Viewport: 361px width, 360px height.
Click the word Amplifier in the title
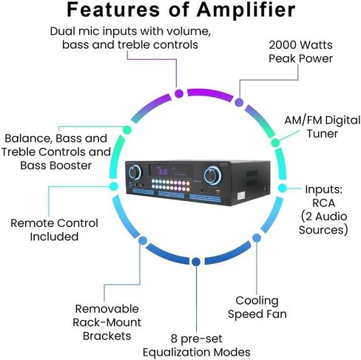(x=246, y=10)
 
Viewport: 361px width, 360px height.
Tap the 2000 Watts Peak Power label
(x=300, y=52)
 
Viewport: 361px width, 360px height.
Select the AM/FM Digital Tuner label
(x=323, y=127)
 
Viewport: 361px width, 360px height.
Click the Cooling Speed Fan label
(x=257, y=308)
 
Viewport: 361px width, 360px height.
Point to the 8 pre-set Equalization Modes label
(x=197, y=345)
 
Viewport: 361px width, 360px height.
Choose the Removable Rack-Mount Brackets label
(x=107, y=322)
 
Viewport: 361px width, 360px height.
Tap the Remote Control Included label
(x=54, y=230)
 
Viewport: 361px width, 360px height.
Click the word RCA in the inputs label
(x=323, y=203)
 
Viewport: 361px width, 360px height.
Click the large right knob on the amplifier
(x=212, y=175)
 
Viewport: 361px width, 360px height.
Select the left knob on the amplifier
(x=135, y=172)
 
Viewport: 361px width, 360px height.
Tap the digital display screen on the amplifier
(x=171, y=170)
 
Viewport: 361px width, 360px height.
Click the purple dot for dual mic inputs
(x=179, y=94)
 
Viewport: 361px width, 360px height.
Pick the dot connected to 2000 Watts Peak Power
(x=239, y=102)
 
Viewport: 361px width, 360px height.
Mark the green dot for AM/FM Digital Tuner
(x=275, y=143)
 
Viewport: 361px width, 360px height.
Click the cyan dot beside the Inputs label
(x=283, y=189)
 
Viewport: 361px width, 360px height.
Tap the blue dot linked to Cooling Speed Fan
(x=257, y=238)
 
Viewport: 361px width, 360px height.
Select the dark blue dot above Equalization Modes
(x=196, y=262)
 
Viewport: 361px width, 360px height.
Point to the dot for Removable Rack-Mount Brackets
(x=143, y=240)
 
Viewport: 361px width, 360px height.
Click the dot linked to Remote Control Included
(x=113, y=186)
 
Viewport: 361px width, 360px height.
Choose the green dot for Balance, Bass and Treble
(x=127, y=130)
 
